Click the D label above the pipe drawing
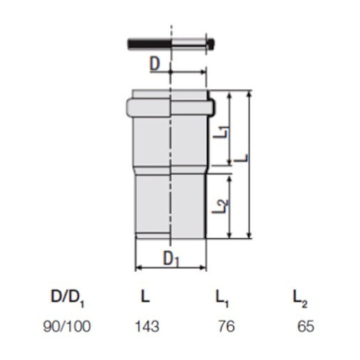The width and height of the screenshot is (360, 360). click(155, 64)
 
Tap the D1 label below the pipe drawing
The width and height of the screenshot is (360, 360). click(171, 259)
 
